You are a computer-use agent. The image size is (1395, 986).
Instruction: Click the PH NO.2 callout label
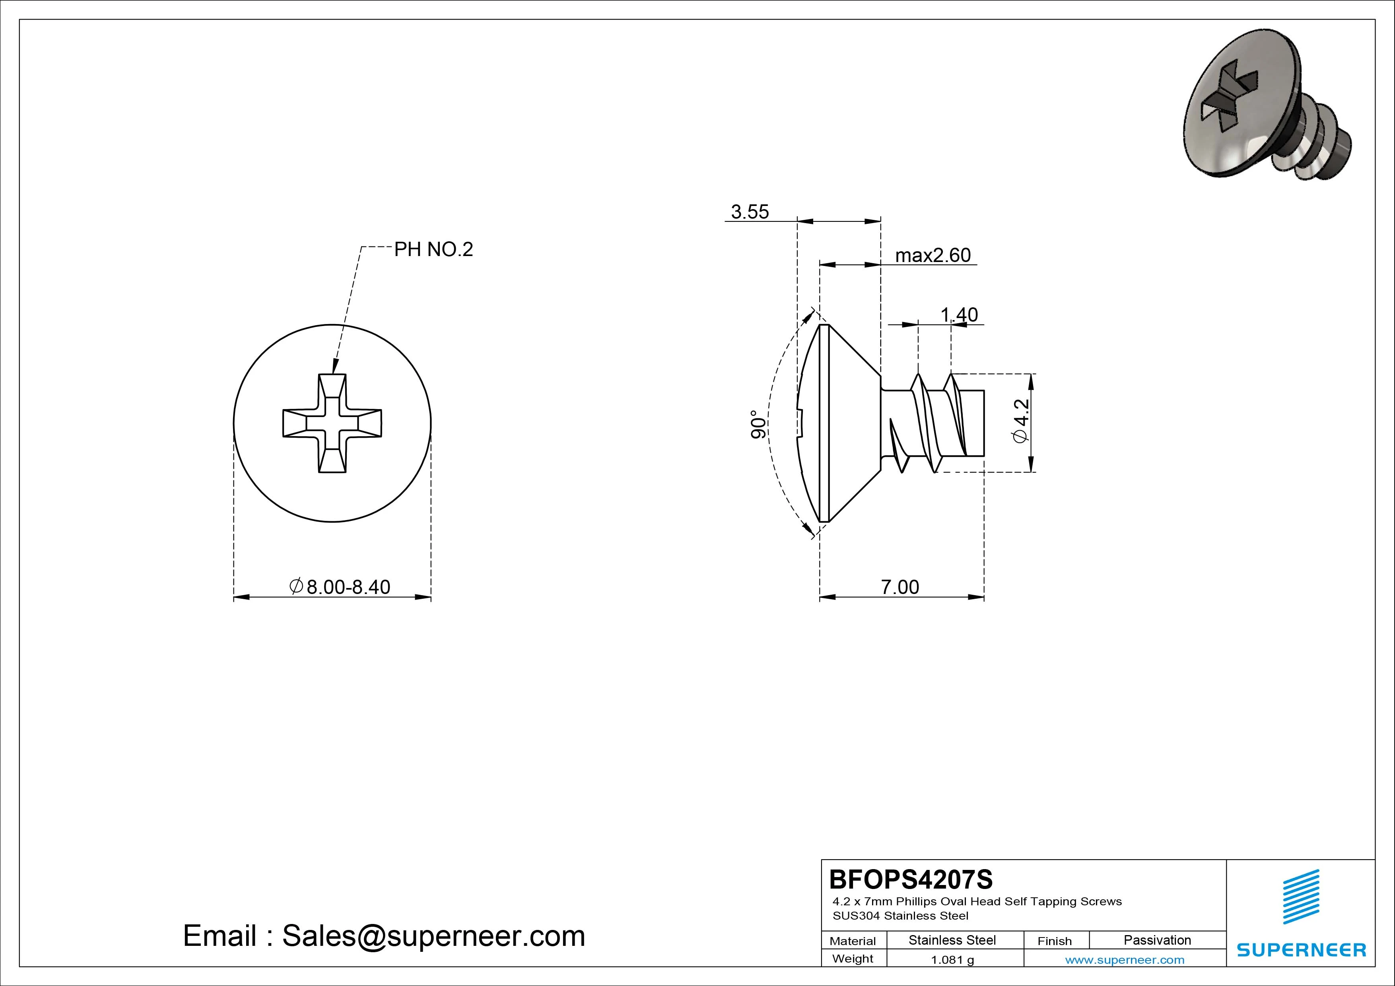pos(433,249)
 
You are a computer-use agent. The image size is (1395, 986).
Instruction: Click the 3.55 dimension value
pos(750,212)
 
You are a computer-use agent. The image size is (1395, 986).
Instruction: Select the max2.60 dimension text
pos(933,255)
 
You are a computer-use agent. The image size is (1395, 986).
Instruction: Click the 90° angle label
pos(758,424)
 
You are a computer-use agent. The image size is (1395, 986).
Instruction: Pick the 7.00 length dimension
pos(900,587)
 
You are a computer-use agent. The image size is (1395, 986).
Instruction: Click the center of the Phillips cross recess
pos(332,423)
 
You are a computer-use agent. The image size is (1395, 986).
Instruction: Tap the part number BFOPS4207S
pos(910,879)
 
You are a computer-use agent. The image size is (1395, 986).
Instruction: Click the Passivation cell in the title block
pos(1157,940)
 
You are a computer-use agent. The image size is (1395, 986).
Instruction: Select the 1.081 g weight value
pos(952,960)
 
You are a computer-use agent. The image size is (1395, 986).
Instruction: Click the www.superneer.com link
pos(1125,960)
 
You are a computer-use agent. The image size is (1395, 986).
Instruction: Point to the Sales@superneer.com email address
pos(433,936)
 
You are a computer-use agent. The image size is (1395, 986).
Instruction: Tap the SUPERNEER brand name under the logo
pos(1301,949)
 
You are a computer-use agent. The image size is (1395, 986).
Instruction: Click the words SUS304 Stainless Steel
pos(900,916)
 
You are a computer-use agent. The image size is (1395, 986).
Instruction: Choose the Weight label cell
pos(853,959)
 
